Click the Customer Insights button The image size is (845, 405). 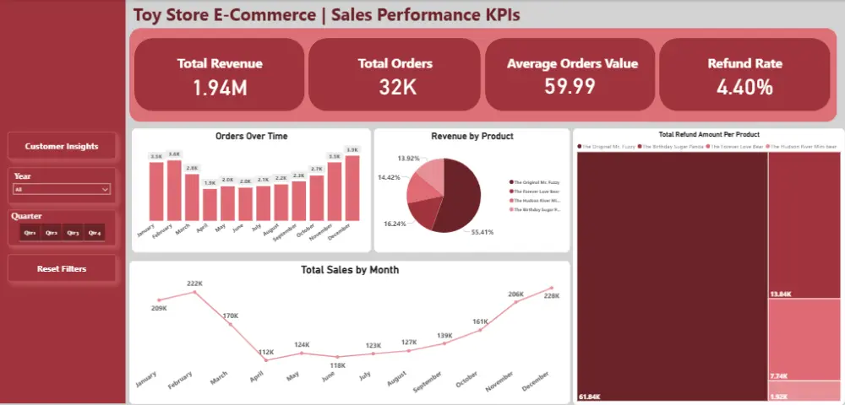tap(62, 146)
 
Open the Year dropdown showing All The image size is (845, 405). tap(62, 190)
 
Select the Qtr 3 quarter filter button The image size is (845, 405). tap(73, 232)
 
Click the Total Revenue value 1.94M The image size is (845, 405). tap(219, 86)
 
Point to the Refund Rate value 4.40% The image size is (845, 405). tap(744, 86)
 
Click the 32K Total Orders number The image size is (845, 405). tap(395, 86)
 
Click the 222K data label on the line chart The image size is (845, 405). tap(194, 283)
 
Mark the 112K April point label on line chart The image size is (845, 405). tap(267, 352)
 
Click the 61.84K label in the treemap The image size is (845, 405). tap(589, 396)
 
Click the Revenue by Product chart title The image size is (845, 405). tap(472, 136)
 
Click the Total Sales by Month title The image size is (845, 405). tap(350, 270)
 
